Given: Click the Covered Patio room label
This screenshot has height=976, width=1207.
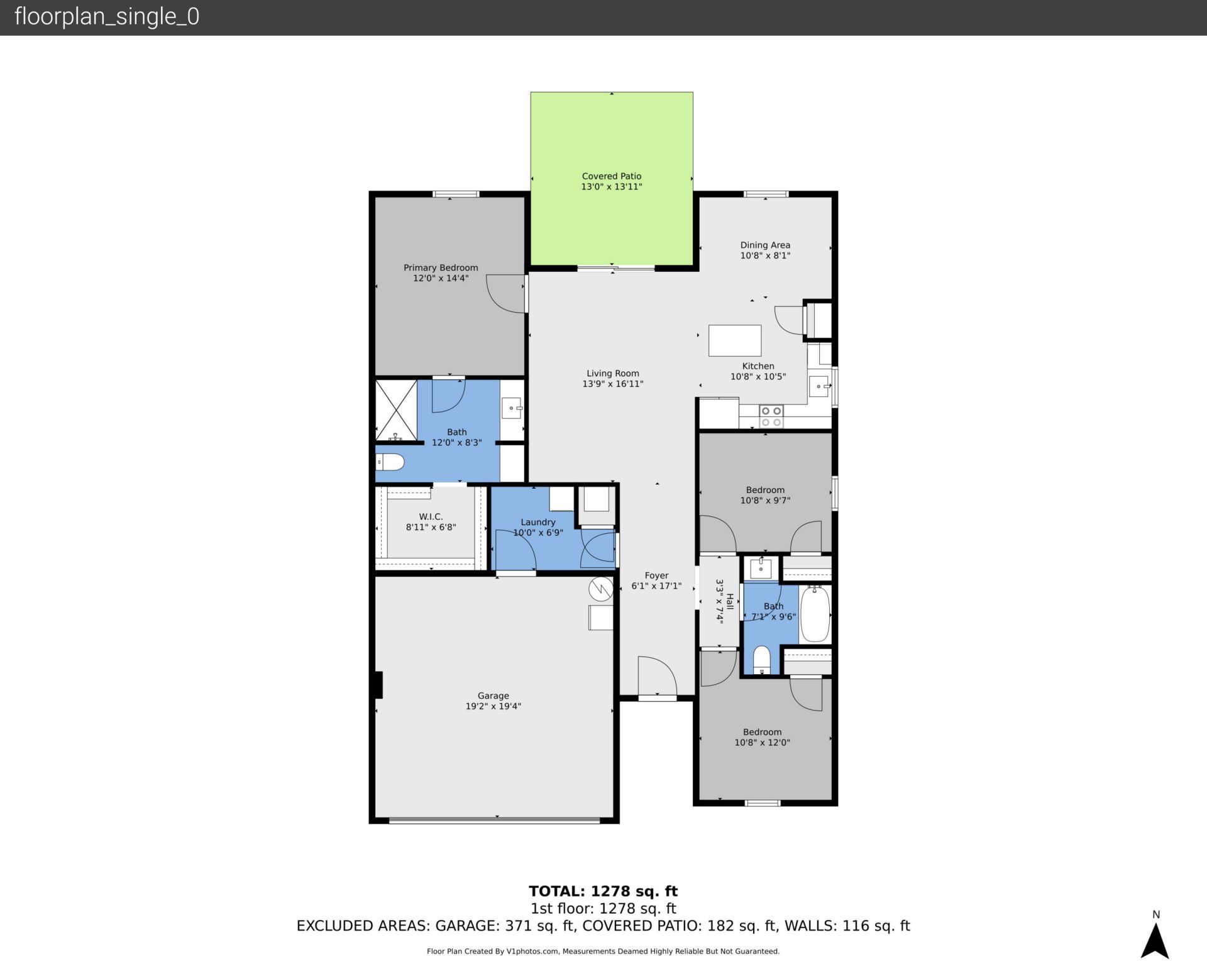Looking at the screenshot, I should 611,176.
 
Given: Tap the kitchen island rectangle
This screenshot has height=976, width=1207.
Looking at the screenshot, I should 734,340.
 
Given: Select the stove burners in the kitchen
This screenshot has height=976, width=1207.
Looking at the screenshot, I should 771,416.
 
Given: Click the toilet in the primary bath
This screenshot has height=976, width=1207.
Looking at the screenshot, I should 390,462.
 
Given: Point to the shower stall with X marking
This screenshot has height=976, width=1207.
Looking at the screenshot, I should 396,409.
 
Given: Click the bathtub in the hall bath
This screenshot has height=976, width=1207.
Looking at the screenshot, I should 815,614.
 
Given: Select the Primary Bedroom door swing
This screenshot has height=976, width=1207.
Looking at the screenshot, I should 507,294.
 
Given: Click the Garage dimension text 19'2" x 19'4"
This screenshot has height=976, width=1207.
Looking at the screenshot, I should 493,706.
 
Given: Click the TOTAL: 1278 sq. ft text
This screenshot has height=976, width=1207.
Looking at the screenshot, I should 603,891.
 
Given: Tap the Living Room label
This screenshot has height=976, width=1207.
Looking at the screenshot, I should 612,373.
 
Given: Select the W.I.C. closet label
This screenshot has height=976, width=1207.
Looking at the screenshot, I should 431,516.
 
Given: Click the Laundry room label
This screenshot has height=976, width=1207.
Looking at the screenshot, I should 537,522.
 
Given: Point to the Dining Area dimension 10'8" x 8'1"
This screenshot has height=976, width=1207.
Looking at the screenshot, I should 764,255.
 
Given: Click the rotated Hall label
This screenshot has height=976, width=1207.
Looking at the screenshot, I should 730,602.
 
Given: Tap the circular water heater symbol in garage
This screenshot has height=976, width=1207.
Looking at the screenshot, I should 600,589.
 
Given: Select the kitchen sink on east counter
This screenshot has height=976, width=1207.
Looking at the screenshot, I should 819,385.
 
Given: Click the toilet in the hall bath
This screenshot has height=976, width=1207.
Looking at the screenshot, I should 761,659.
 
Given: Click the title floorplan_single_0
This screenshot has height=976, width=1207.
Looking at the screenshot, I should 107,16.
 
